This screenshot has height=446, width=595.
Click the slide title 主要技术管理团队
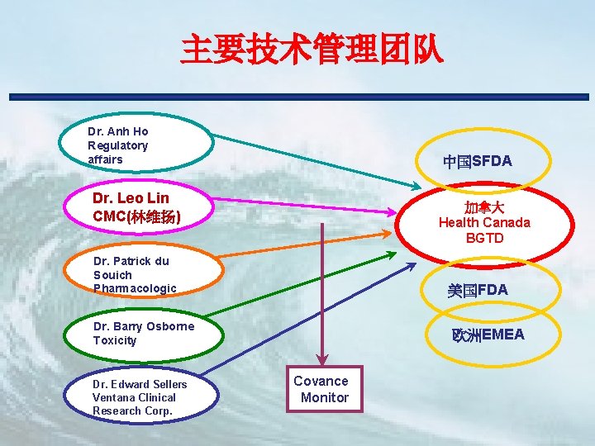(x=312, y=50)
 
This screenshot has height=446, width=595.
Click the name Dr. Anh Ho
(x=118, y=131)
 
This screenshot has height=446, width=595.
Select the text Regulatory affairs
(x=117, y=153)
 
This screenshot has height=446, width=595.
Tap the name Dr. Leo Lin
(x=131, y=199)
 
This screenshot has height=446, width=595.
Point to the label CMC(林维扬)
(x=137, y=216)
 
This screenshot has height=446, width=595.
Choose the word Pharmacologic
(x=135, y=288)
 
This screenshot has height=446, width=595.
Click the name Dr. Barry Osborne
(x=144, y=326)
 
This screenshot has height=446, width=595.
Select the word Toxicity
(x=115, y=340)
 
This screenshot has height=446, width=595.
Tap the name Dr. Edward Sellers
(x=140, y=384)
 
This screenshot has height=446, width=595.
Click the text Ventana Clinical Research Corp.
(x=133, y=404)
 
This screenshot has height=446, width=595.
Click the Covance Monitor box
(x=321, y=389)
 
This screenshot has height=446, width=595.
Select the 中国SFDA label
(x=477, y=162)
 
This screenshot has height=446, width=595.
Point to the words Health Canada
(x=484, y=222)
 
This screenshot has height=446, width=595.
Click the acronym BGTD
(x=484, y=238)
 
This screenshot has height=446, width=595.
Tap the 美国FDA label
(x=477, y=291)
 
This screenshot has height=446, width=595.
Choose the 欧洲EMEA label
(x=488, y=334)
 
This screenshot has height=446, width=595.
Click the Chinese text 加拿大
(x=484, y=206)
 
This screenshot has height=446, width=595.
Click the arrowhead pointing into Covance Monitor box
(x=321, y=359)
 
